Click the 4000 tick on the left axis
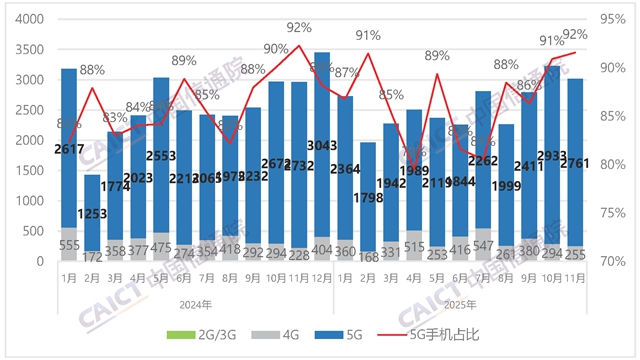[28, 19]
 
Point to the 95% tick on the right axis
[612, 19]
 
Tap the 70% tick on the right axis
[612, 262]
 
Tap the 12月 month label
[323, 280]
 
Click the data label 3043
[323, 146]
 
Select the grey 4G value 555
[69, 245]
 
